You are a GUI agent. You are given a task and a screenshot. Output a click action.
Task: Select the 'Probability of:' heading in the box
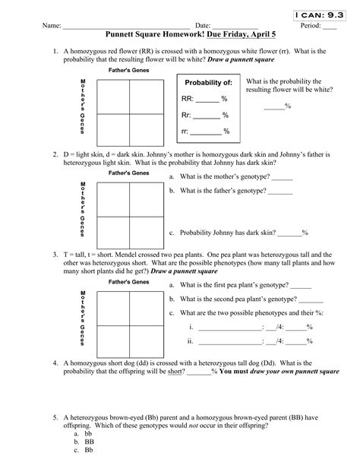click(x=204, y=82)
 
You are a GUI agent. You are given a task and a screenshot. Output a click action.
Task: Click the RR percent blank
click(x=208, y=99)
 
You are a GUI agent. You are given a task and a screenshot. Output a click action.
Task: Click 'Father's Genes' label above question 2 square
click(x=128, y=173)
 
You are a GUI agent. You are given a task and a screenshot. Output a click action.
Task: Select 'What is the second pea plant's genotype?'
click(x=236, y=300)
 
